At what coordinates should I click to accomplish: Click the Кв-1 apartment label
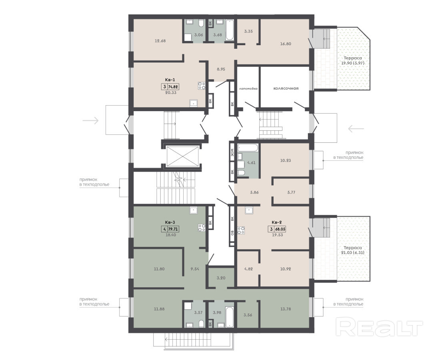pyautogui.click(x=170, y=80)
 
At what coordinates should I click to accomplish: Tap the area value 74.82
pyautogui.click(x=174, y=87)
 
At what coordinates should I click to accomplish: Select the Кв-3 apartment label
pyautogui.click(x=170, y=222)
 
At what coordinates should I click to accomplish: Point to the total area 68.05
pyautogui.click(x=280, y=229)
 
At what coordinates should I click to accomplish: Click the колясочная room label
pyautogui.click(x=286, y=88)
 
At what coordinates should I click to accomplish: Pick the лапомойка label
pyautogui.click(x=248, y=88)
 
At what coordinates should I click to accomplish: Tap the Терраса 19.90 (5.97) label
pyautogui.click(x=353, y=60)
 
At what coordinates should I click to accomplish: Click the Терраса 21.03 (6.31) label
pyautogui.click(x=353, y=250)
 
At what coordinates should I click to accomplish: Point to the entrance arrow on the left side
pyautogui.click(x=90, y=120)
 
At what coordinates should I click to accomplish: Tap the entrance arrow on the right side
pyautogui.click(x=356, y=129)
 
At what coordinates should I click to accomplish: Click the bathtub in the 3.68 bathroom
pyautogui.click(x=230, y=30)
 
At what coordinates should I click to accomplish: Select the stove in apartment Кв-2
pyautogui.click(x=241, y=230)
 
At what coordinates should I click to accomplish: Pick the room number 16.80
pyautogui.click(x=285, y=44)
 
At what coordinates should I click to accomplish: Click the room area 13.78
pyautogui.click(x=285, y=309)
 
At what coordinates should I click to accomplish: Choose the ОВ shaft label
pyautogui.click(x=232, y=232)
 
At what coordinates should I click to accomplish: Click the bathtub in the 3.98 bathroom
pyautogui.click(x=230, y=317)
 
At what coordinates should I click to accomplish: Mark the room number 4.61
pyautogui.click(x=251, y=163)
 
